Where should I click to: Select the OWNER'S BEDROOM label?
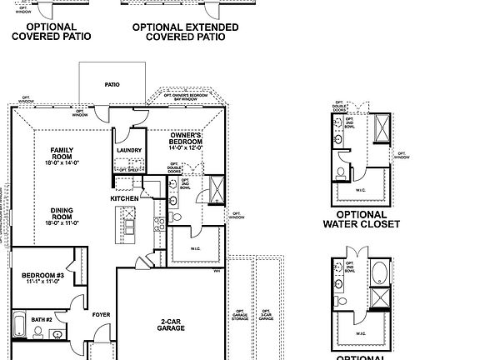(187, 138)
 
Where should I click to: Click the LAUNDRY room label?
(130, 151)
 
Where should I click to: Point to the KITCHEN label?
(124, 198)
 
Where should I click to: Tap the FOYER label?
(101, 314)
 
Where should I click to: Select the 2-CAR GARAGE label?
(171, 324)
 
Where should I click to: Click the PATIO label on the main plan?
(112, 84)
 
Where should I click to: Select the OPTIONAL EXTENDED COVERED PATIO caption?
(185, 32)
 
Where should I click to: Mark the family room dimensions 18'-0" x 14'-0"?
(62, 163)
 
